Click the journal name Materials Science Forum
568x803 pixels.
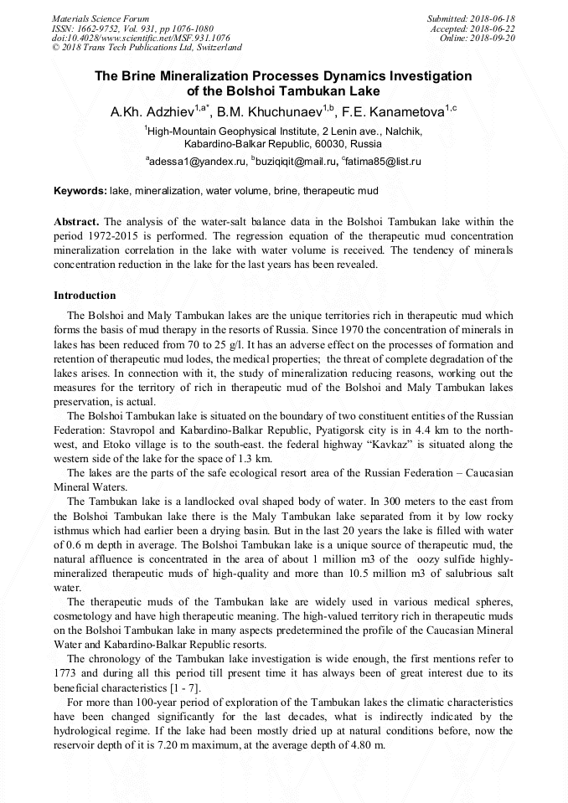coord(101,18)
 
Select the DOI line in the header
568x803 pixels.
coord(141,39)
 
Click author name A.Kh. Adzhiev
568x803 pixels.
coord(152,111)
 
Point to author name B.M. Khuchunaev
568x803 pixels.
coord(271,111)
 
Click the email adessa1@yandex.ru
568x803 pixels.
coord(198,161)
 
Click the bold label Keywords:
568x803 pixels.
coord(80,191)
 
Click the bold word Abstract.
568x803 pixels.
coord(76,222)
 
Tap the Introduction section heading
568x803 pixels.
coord(85,296)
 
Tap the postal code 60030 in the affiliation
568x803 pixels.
coord(335,144)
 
